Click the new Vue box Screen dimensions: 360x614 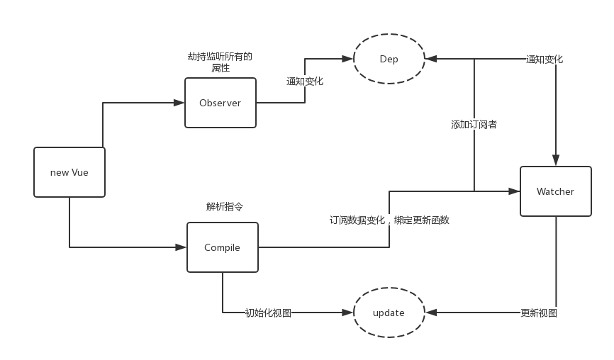[69, 172]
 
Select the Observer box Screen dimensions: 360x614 [221, 103]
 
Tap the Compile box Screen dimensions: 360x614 [223, 247]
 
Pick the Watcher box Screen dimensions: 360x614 [555, 191]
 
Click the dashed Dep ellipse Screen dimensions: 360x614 [389, 59]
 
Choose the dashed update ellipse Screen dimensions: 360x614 [389, 313]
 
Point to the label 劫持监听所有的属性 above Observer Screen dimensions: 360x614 [220, 62]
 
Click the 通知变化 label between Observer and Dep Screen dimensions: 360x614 [305, 81]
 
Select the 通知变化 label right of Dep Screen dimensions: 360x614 [545, 60]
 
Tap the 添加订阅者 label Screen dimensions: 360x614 [474, 125]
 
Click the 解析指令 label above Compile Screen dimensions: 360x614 [225, 207]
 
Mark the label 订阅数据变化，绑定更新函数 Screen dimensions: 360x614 [389, 220]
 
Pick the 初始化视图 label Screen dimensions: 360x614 [268, 313]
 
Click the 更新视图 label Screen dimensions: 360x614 [539, 313]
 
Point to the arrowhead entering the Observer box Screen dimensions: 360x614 [179, 103]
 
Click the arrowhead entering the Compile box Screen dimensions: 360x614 [182, 247]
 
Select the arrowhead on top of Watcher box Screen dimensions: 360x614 [556, 160]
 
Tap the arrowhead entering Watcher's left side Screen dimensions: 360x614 [515, 191]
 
